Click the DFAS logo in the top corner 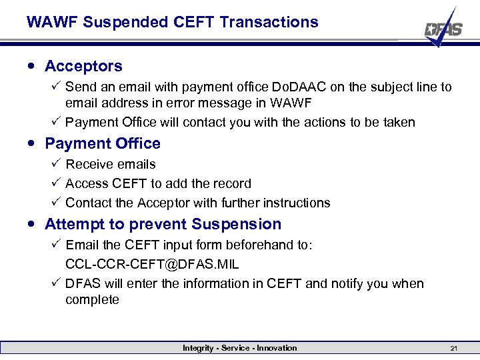point(443,28)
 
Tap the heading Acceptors point(83,66)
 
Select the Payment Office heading point(103,143)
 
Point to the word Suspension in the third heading point(237,224)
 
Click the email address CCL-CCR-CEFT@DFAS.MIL point(152,264)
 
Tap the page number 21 point(453,348)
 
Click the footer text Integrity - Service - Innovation point(239,348)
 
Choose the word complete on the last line point(92,299)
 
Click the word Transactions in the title point(269,22)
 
